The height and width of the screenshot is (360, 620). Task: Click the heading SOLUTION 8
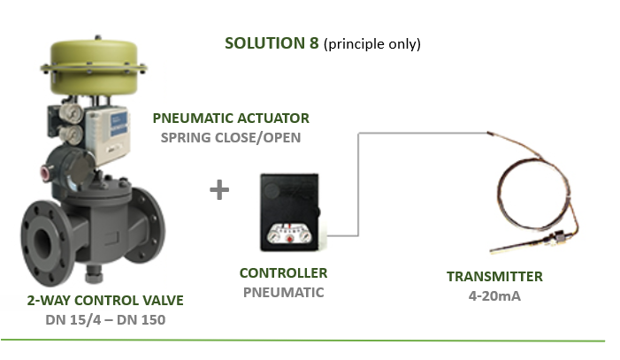click(x=272, y=43)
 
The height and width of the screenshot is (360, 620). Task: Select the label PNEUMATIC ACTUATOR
click(x=231, y=118)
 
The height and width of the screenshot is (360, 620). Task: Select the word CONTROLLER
click(x=283, y=273)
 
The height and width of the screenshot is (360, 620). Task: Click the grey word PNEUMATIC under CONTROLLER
click(x=283, y=292)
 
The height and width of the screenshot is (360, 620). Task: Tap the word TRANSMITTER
click(x=494, y=277)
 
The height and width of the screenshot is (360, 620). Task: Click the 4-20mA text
click(x=494, y=295)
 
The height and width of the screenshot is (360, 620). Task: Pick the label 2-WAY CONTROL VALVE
click(x=104, y=301)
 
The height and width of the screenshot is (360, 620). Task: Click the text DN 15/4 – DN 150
click(x=104, y=319)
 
